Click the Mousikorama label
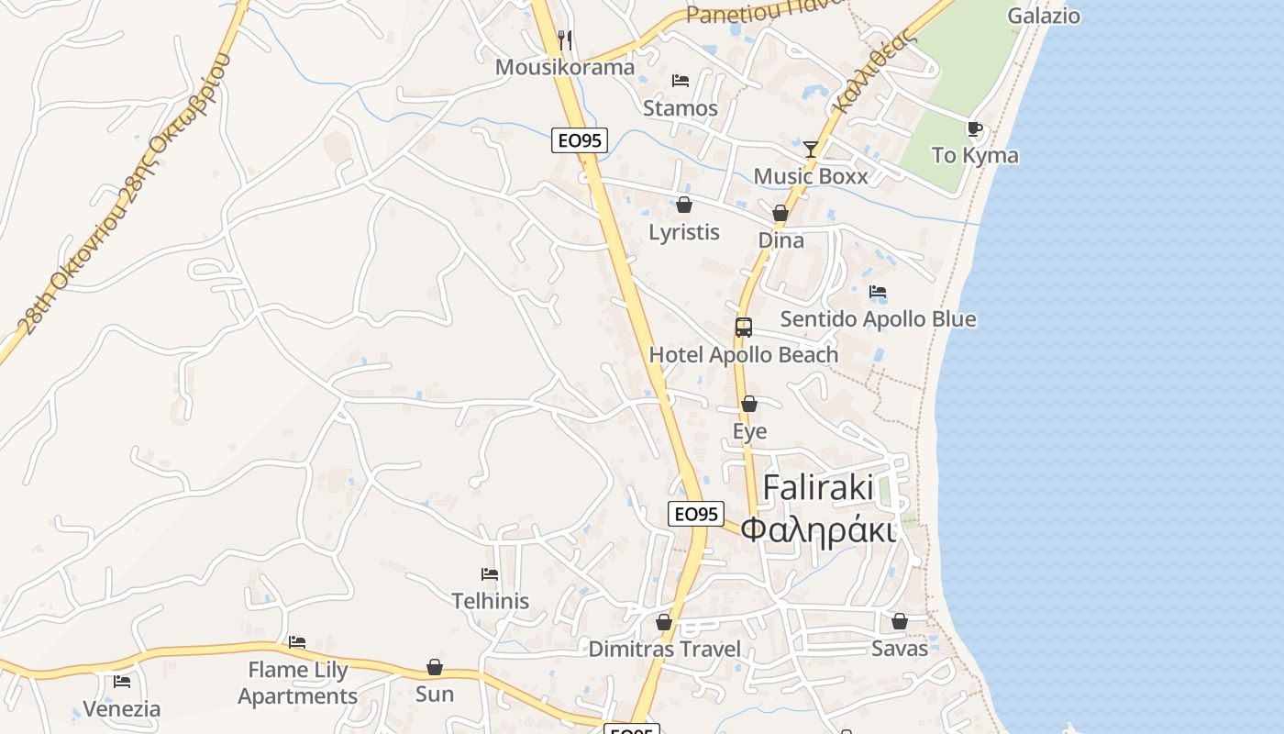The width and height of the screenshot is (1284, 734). [x=564, y=67]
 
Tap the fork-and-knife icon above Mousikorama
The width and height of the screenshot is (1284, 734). [x=565, y=39]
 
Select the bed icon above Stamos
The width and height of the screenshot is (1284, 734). [x=681, y=81]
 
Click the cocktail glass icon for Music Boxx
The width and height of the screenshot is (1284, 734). [x=811, y=149]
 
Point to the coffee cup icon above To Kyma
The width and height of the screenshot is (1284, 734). [x=974, y=128]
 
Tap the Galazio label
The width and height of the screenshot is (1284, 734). [x=1044, y=16]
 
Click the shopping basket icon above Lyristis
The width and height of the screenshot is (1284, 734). [x=684, y=205]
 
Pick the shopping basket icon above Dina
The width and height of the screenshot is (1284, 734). [x=780, y=213]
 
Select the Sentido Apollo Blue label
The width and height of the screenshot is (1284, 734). [x=878, y=318]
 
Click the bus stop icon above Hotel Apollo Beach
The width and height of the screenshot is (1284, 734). [x=743, y=328]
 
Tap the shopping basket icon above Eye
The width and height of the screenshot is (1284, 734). [x=749, y=404]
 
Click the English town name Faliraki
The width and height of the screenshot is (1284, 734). [x=818, y=487]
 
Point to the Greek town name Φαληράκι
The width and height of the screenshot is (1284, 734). [x=817, y=530]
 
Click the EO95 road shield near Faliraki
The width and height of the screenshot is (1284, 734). [x=696, y=514]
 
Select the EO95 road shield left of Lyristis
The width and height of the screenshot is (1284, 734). [x=580, y=140]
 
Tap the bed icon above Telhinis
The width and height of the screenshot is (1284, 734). [x=490, y=574]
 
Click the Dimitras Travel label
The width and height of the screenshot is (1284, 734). [x=664, y=649]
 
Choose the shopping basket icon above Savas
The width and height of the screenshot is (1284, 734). [x=900, y=621]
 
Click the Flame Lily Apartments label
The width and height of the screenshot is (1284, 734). [x=298, y=683]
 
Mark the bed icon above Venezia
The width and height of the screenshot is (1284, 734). [x=122, y=682]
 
